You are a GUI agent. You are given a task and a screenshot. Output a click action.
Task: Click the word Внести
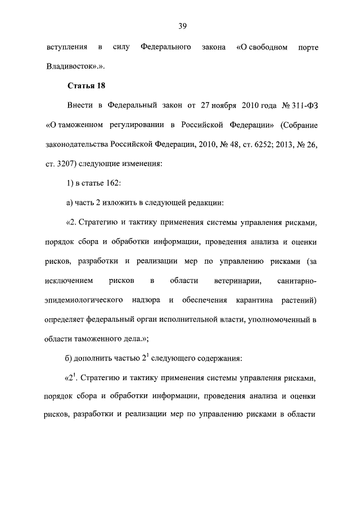click(x=80, y=105)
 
